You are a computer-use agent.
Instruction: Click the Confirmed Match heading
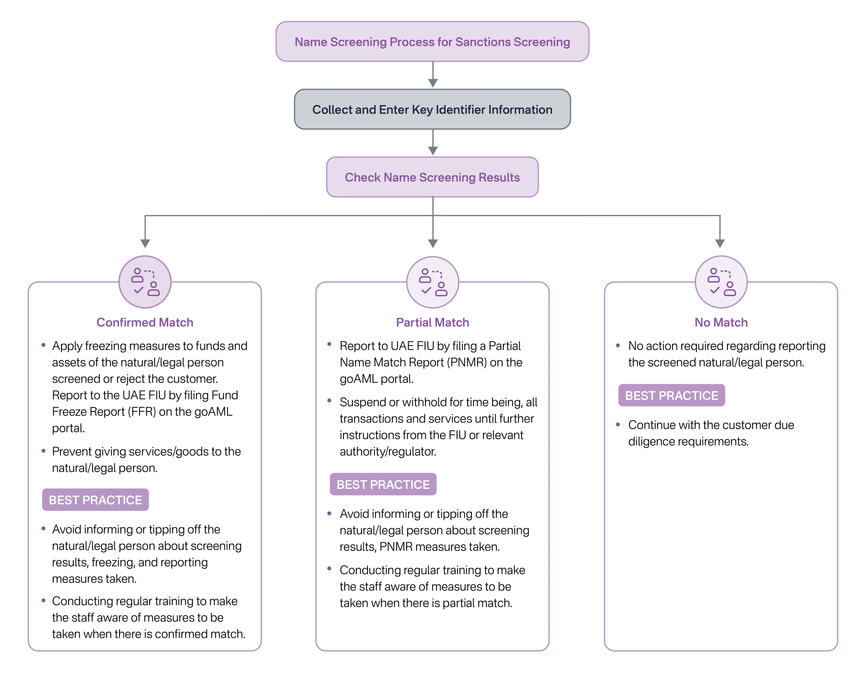point(145,322)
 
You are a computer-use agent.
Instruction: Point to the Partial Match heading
point(433,322)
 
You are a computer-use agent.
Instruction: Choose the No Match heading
point(721,322)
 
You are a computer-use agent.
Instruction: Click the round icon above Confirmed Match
point(145,282)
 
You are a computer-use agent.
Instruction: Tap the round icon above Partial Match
point(433,282)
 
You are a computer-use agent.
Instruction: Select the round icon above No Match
point(721,282)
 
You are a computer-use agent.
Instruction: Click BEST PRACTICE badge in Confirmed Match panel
point(95,500)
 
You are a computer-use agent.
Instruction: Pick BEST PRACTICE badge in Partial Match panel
point(383,485)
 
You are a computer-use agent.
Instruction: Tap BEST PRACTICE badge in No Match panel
point(672,395)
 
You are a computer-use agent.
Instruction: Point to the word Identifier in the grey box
point(460,110)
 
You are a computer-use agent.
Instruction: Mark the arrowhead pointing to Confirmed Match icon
point(145,243)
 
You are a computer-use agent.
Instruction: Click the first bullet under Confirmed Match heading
point(43,345)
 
